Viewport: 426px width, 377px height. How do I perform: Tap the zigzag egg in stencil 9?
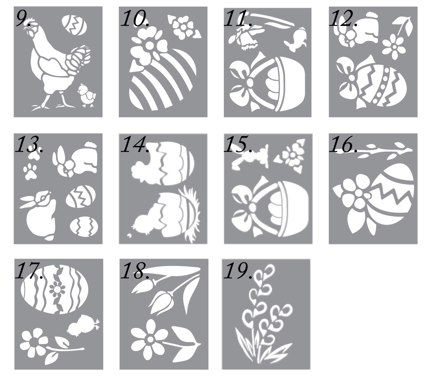[74, 25]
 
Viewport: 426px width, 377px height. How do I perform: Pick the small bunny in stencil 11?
[296, 40]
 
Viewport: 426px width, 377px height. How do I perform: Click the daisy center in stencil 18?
[150, 338]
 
